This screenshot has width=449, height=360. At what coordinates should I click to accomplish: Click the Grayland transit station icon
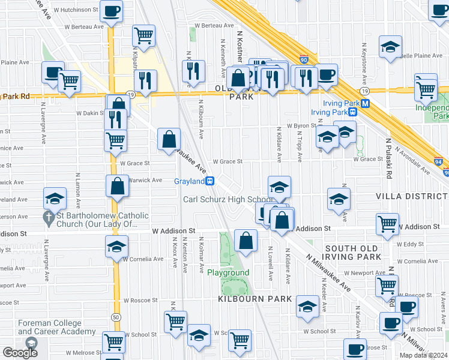click(210, 181)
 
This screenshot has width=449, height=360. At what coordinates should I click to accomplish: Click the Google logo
click(20, 353)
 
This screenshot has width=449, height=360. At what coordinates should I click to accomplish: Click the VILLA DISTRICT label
click(412, 196)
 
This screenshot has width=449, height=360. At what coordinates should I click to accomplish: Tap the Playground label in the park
click(228, 273)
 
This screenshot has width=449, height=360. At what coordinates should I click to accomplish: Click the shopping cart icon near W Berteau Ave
click(143, 36)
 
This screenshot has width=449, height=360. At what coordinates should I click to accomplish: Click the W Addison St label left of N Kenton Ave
click(173, 230)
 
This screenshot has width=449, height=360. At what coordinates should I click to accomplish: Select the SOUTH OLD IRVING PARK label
click(353, 253)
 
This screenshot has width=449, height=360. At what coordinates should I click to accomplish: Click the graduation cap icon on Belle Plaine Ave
click(390, 47)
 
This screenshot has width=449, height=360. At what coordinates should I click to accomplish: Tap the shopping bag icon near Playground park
click(246, 241)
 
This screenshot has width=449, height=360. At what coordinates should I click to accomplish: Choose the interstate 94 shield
click(439, 160)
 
